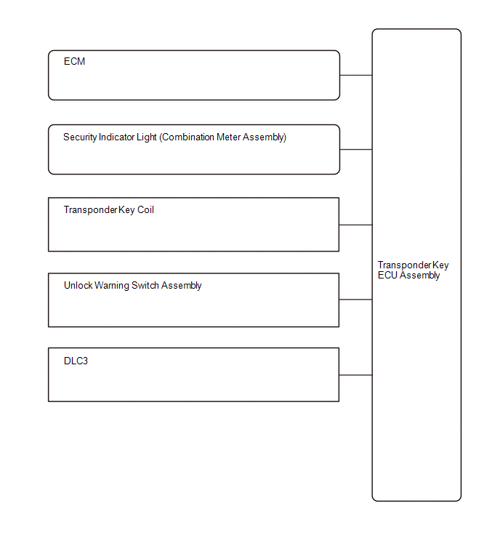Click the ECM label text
coord(74,61)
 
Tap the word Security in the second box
coord(80,137)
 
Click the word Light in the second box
coord(146,137)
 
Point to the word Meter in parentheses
coord(228,137)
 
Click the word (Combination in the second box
coord(187,137)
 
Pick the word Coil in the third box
coord(145,209)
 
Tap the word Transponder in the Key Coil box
coord(90,210)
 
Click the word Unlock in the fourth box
coord(78,285)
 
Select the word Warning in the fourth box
coord(112,286)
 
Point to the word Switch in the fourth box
coord(145,285)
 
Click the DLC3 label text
coord(76,361)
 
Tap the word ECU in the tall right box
coord(387,275)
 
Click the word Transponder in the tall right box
coord(405,265)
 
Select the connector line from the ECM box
coord(356,75)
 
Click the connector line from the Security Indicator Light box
coord(356,150)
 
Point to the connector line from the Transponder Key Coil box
coord(355,225)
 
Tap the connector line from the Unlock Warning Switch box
coord(355,300)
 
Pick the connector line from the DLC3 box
coord(355,375)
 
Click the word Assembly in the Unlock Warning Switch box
coord(181,286)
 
